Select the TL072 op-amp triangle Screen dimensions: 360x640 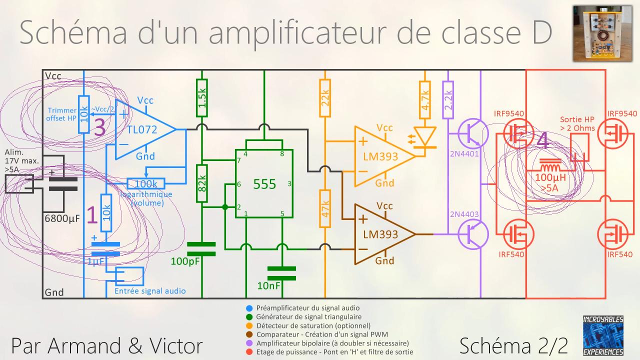[142, 130]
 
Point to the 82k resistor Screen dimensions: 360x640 [201, 183]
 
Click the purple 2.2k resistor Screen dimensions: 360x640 [448, 99]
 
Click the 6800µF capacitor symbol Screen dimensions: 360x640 [63, 184]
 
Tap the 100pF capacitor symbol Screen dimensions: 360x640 [201, 248]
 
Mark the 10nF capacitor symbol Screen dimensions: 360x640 [281, 273]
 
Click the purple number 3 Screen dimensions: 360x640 [99, 127]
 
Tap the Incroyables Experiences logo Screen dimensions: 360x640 [603, 335]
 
